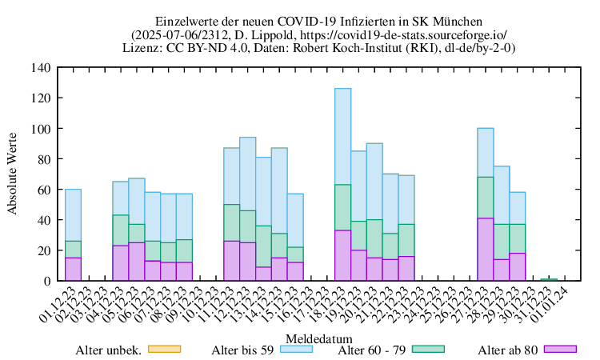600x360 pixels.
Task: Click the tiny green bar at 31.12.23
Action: click(548, 279)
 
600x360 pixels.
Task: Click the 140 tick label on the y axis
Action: click(39, 67)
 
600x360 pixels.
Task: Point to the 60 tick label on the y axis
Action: click(42, 190)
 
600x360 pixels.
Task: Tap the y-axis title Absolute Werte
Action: click(13, 174)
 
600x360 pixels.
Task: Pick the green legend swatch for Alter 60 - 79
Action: click(433, 349)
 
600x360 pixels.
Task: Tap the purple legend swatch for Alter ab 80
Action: click(561, 349)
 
